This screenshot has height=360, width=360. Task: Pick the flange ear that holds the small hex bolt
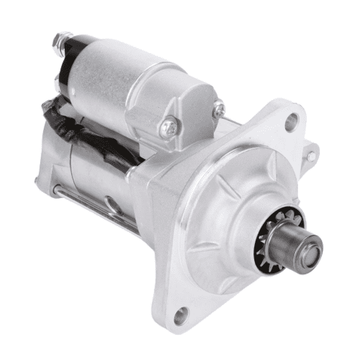310,156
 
